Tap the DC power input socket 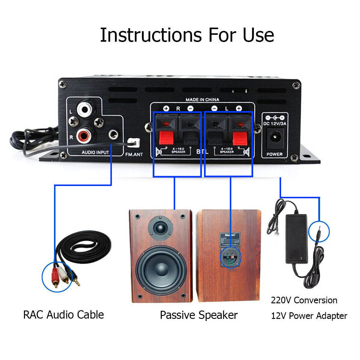pos(274,138)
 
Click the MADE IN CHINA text pos(202,100)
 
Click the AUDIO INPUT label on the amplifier pos(95,152)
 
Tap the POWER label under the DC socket pos(274,154)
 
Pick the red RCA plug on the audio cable pos(55,277)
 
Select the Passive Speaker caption pos(199,315)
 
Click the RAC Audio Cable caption pos(64,315)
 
